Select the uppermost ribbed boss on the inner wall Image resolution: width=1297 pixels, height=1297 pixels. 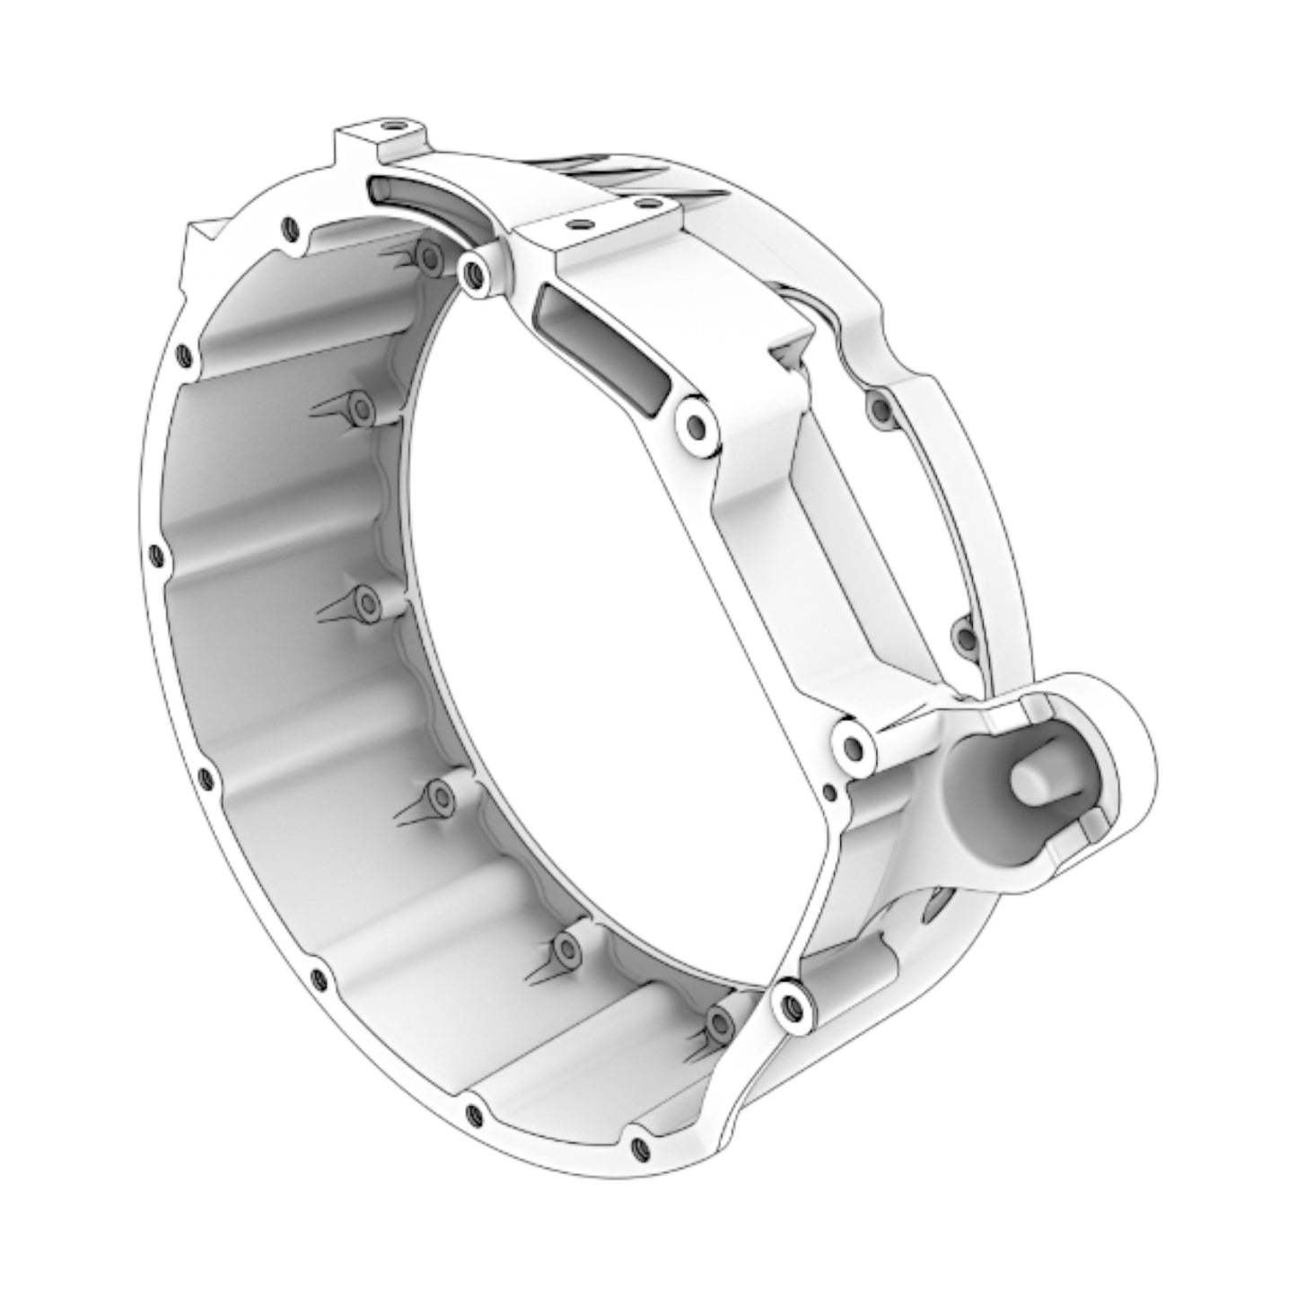pos(426,256)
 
